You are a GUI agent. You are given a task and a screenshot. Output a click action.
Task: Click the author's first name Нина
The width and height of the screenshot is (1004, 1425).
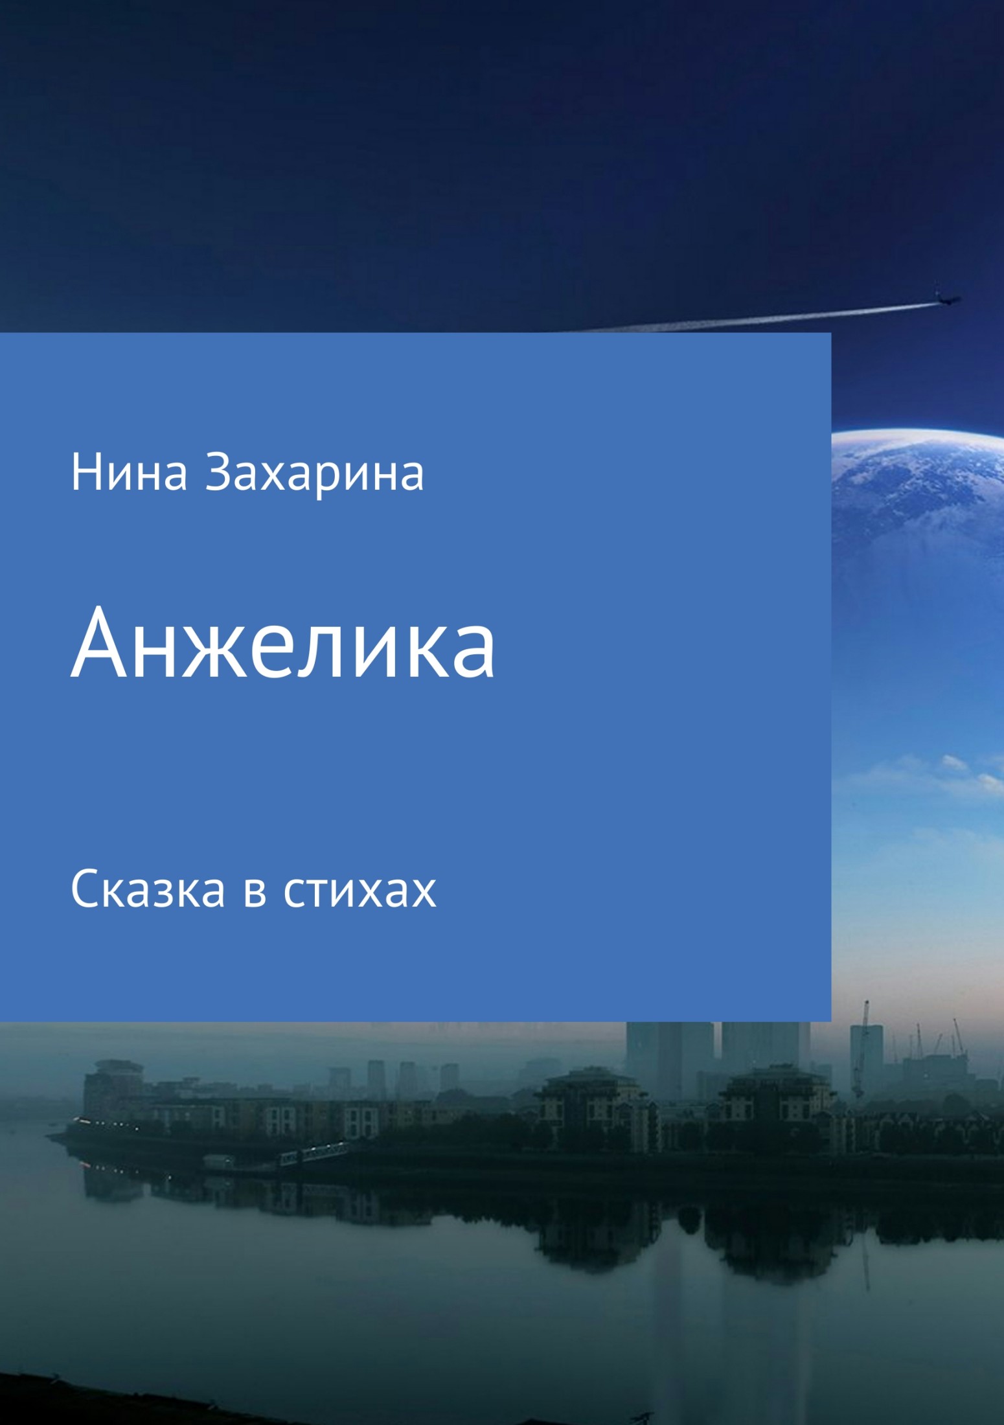pyautogui.click(x=130, y=473)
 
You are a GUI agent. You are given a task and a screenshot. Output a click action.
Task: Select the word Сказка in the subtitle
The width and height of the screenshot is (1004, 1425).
pyautogui.click(x=148, y=889)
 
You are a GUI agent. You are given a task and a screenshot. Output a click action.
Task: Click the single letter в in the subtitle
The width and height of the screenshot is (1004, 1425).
pyautogui.click(x=255, y=893)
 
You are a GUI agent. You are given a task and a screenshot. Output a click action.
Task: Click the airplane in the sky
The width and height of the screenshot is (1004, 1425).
pyautogui.click(x=946, y=299)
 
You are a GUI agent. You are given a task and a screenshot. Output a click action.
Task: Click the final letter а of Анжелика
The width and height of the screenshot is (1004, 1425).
pyautogui.click(x=475, y=654)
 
